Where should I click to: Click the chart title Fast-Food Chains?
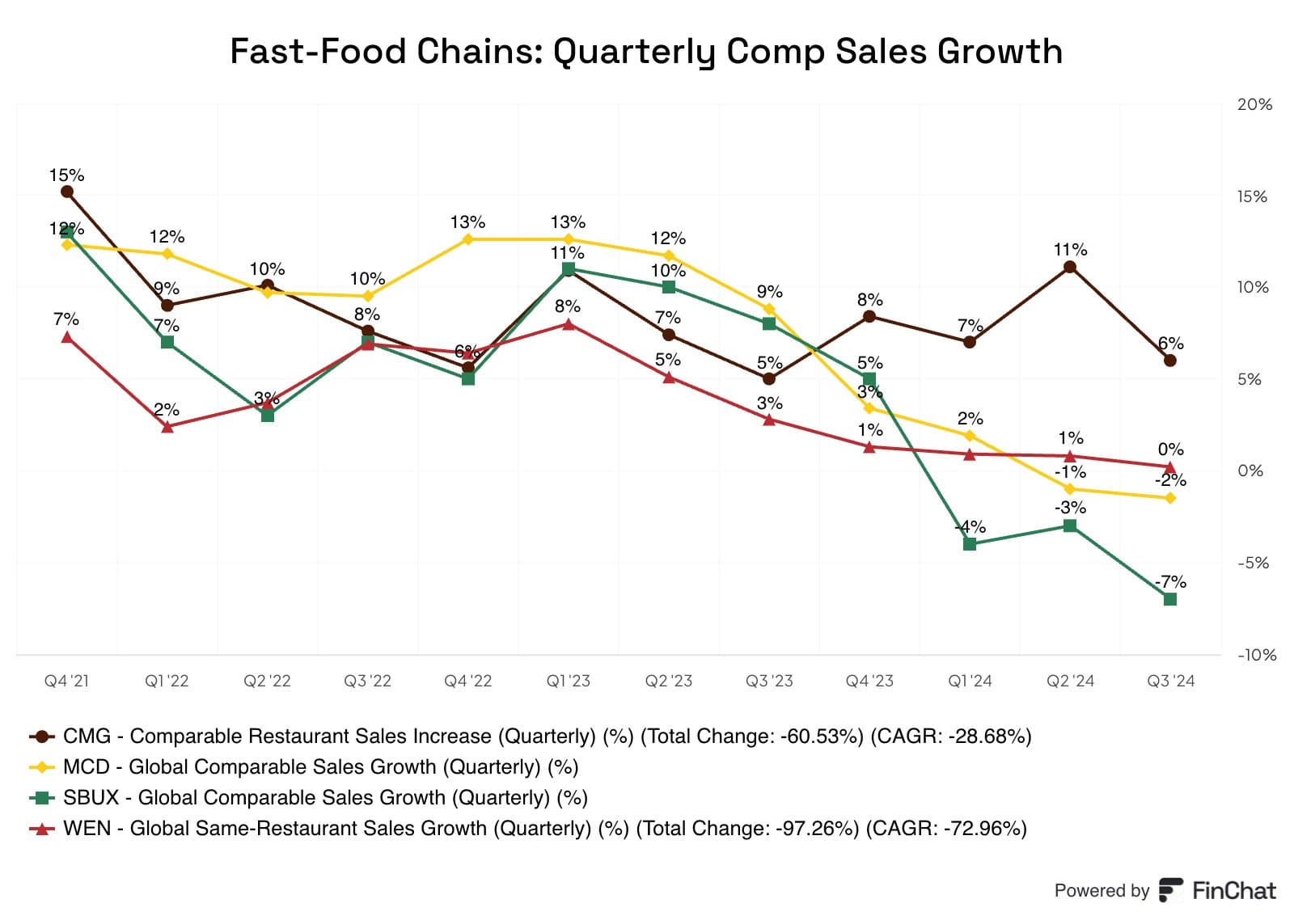[645, 51]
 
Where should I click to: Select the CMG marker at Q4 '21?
[67, 192]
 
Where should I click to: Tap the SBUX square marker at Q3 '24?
[1169, 599]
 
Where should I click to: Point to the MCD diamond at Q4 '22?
[468, 239]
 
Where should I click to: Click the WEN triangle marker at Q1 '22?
[167, 427]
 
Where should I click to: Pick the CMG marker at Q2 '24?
[1070, 267]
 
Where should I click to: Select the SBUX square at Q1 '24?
[970, 544]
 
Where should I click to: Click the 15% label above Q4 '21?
[66, 175]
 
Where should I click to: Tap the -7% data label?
[1170, 581]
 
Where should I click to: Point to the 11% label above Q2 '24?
[1070, 250]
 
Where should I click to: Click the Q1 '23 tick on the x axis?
[568, 681]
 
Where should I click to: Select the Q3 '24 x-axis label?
[1170, 681]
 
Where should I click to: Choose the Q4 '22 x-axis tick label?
[467, 681]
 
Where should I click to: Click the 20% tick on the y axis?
[1254, 104]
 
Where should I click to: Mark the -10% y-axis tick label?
[1256, 655]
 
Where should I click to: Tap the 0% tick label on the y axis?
[1250, 471]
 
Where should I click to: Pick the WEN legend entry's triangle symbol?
[42, 828]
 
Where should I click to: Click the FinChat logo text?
[1233, 891]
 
